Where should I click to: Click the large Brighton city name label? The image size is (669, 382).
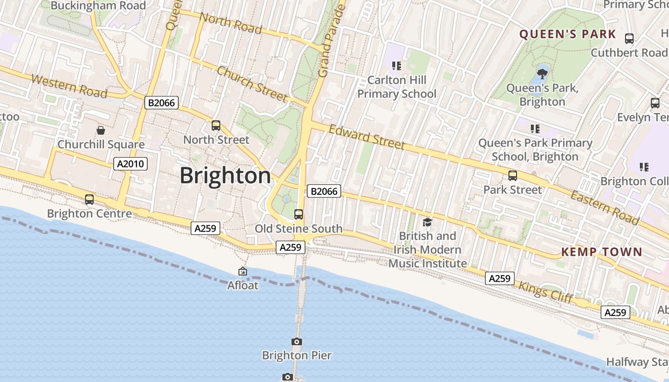point(226,176)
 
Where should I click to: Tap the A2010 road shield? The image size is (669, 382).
point(131,164)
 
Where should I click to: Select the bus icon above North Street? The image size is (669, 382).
point(216,126)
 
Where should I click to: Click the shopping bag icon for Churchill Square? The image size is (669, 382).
point(101,130)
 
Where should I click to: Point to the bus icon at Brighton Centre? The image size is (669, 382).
point(89,200)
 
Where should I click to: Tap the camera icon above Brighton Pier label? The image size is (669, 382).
point(297,341)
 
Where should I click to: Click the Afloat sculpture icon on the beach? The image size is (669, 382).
point(243,271)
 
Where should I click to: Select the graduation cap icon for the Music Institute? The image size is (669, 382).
point(427,222)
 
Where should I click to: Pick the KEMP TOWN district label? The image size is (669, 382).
point(602,252)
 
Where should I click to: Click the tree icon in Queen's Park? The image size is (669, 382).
point(542,74)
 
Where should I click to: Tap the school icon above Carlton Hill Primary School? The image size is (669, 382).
point(396,65)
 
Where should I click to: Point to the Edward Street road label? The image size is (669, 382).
point(367,137)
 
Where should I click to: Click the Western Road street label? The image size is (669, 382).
point(69,86)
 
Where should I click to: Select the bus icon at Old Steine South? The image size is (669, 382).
point(299,214)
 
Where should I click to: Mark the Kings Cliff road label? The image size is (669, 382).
point(545,291)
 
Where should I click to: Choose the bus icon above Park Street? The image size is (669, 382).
point(513,176)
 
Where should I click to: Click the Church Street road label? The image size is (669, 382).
point(252,84)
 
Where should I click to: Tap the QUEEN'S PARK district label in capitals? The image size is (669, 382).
point(568,34)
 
